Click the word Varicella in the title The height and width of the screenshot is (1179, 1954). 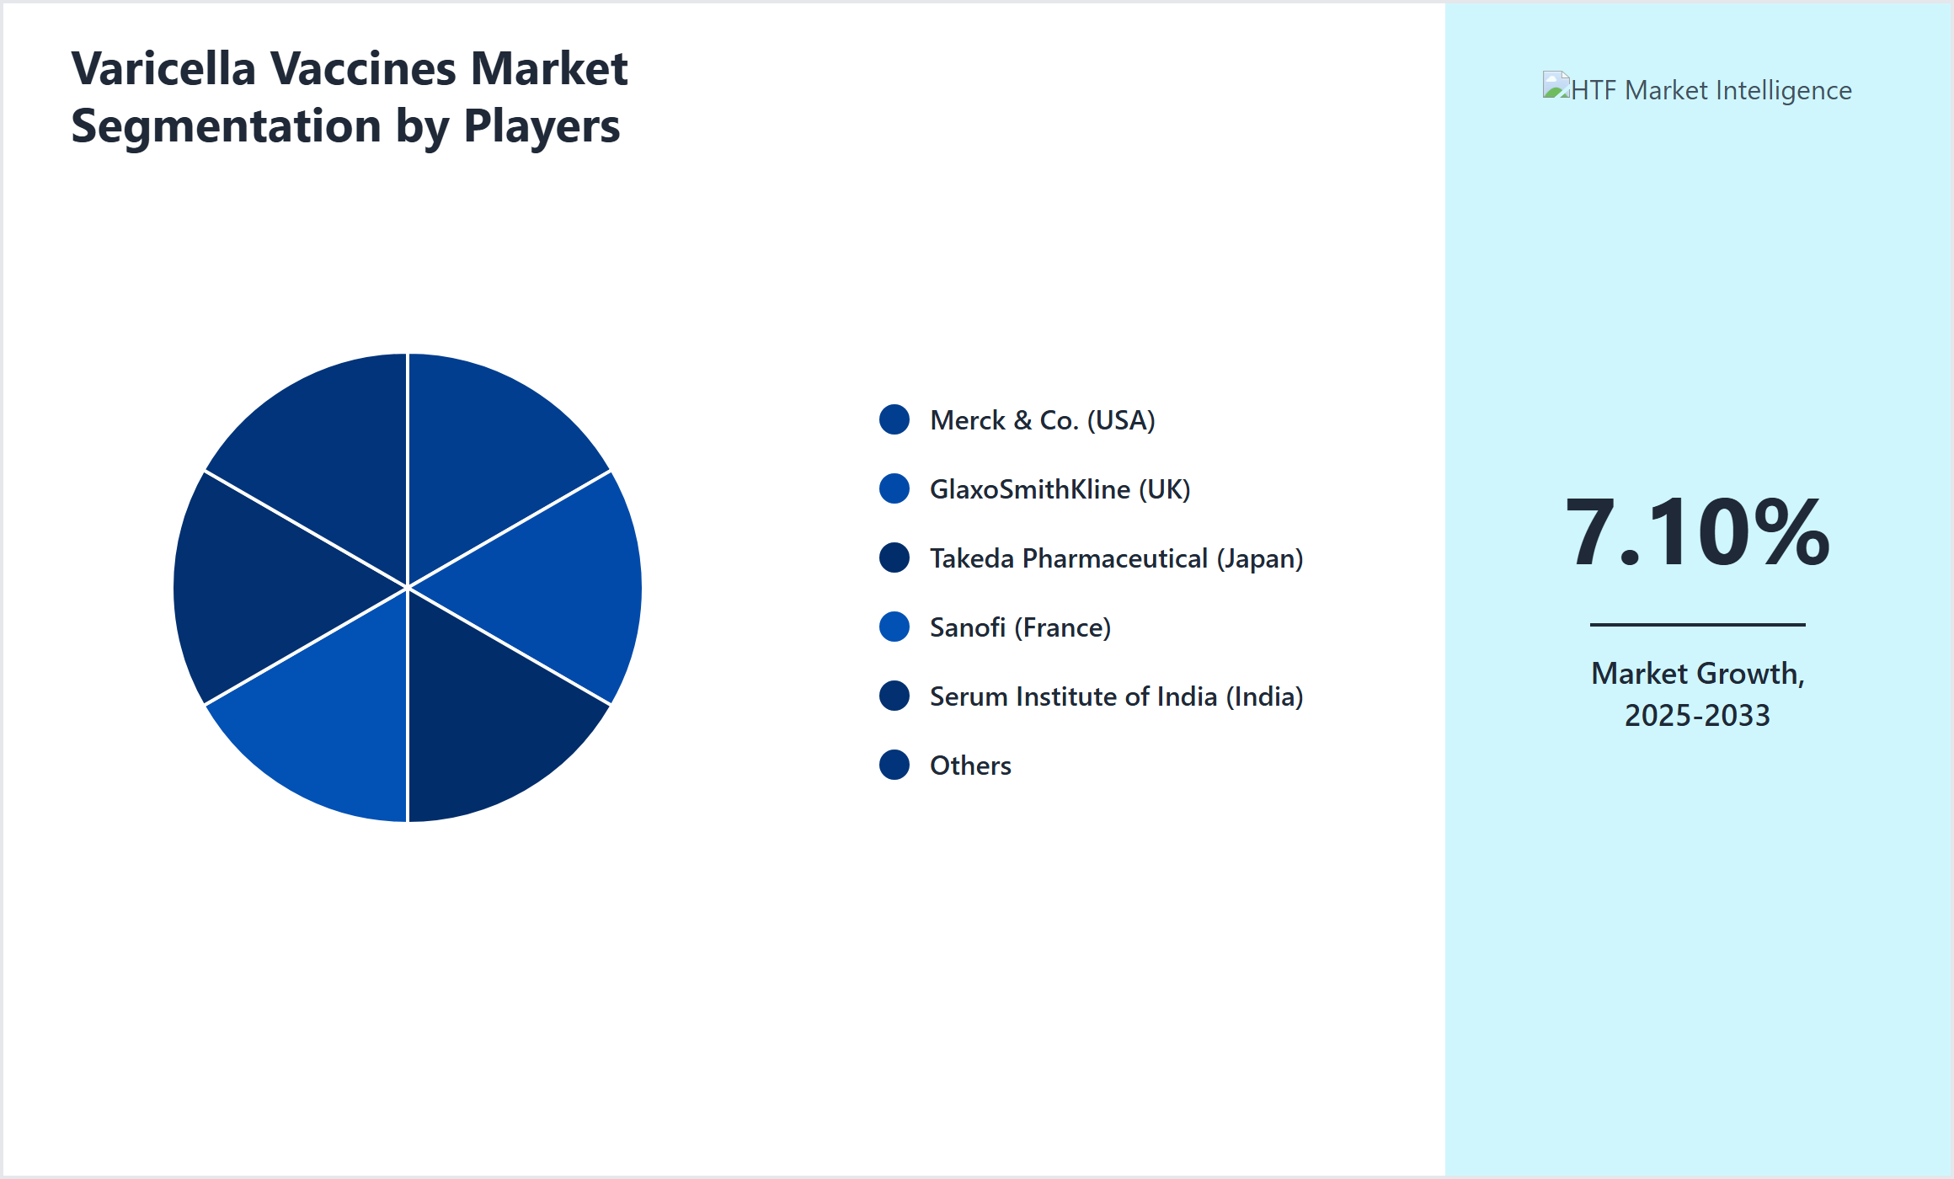163,69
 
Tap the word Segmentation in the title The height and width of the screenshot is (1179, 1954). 226,126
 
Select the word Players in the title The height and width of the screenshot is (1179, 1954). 542,126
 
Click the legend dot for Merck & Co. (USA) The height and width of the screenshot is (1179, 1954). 894,419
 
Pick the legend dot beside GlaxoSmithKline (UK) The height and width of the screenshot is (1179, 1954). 894,488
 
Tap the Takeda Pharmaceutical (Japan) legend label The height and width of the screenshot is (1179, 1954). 1116,558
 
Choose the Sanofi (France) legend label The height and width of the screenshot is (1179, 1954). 1020,627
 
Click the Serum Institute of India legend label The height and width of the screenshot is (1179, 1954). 1116,696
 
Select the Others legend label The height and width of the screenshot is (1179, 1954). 970,766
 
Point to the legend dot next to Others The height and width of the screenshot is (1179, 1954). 894,765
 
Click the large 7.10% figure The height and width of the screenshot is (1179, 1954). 1697,532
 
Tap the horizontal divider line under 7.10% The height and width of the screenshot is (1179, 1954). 1697,624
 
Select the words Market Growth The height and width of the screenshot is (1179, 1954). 1697,674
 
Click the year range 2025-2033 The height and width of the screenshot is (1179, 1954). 1697,716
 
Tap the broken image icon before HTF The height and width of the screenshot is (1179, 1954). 1556,87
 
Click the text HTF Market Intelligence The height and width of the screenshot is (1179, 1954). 1711,90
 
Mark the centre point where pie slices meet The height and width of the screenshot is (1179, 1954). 408,587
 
